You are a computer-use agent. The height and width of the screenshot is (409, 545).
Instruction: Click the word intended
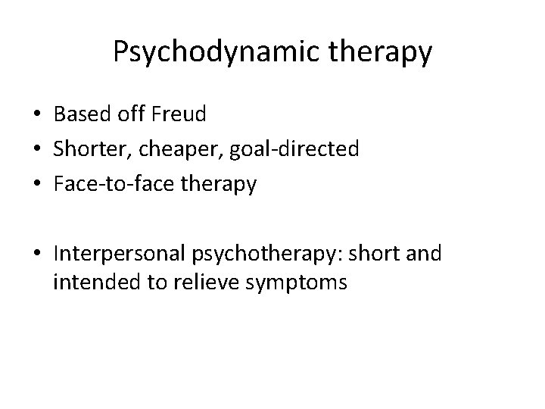coord(88,283)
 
